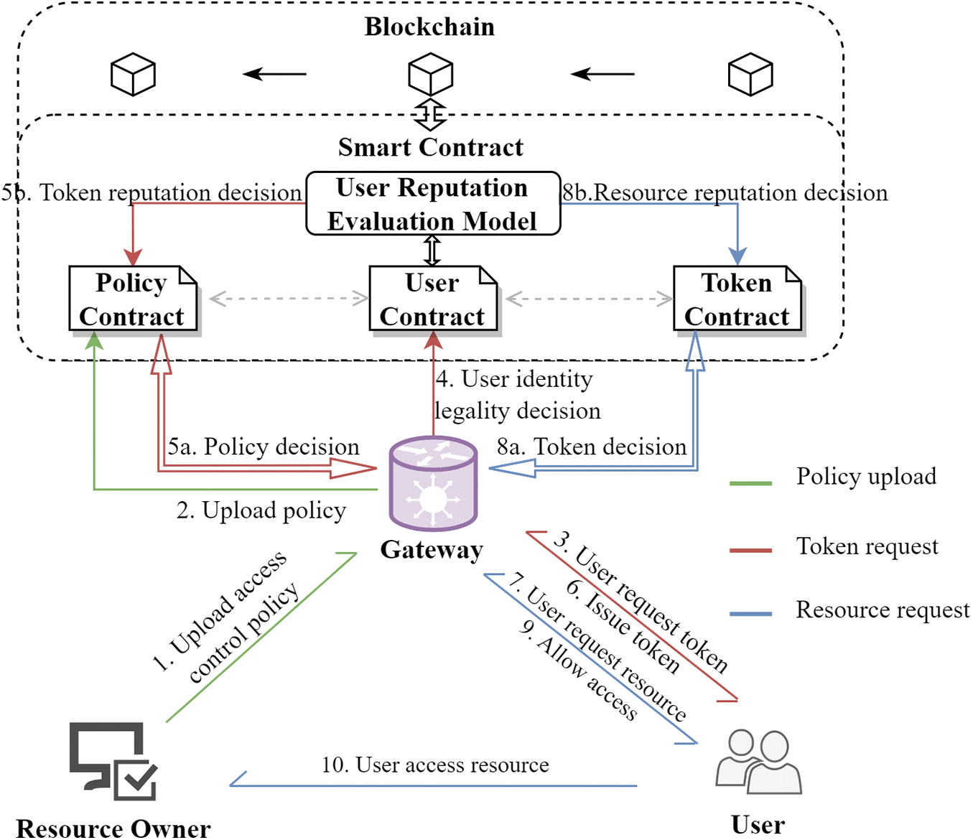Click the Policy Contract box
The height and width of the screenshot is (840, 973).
[133, 299]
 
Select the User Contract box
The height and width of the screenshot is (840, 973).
[433, 299]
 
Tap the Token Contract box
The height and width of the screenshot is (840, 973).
[737, 299]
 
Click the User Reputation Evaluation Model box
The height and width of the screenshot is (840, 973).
[433, 204]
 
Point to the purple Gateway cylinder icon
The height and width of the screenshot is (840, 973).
[433, 484]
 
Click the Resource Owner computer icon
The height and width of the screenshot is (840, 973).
[113, 761]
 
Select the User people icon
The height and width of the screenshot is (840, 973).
[758, 762]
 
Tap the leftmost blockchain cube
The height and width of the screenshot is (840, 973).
[133, 75]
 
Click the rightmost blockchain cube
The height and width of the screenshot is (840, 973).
[750, 75]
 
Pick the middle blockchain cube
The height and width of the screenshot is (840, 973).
[430, 75]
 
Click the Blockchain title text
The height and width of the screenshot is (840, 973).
[429, 27]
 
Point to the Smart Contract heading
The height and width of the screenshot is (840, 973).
[431, 148]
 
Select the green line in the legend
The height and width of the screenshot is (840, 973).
[750, 483]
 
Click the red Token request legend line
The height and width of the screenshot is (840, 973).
[750, 551]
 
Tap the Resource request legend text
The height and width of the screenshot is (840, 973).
[883, 610]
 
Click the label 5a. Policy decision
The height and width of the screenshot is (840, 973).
[264, 447]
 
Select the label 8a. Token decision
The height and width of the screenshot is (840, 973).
[592, 447]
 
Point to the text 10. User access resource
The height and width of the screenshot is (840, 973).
[435, 765]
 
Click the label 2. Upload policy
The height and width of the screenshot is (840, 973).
[261, 510]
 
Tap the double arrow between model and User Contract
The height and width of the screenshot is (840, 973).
[432, 251]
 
